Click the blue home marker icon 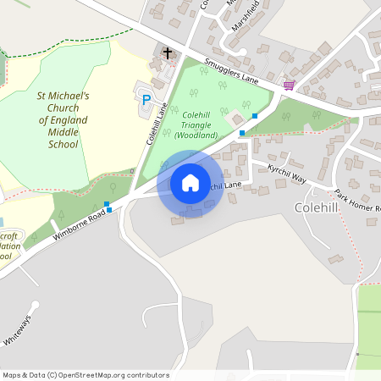point(190,183)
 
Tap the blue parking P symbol point(146,99)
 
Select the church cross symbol point(167,53)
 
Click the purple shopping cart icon point(289,85)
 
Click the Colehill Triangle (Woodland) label point(196,124)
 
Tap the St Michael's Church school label point(58,120)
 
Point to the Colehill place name point(317,207)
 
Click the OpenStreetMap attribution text point(86,375)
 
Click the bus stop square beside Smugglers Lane point(255,115)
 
